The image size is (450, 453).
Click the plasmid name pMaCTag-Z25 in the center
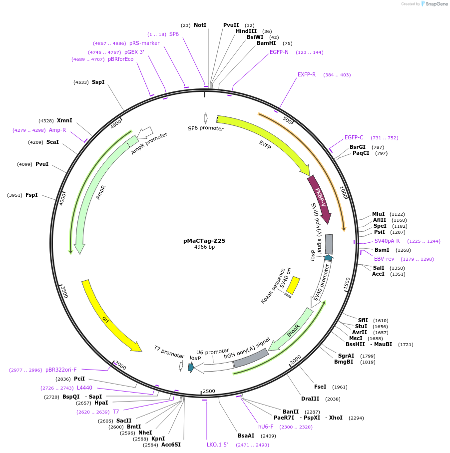(204, 240)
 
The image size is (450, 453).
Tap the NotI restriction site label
(200, 25)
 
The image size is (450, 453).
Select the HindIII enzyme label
(246, 31)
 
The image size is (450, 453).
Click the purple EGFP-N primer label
(279, 52)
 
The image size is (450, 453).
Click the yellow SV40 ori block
(293, 285)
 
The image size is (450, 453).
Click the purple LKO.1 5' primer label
(217, 445)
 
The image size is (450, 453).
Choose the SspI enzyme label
(98, 82)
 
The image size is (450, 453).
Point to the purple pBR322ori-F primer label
(61, 370)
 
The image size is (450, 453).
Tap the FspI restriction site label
(31, 195)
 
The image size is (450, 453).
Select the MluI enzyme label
(379, 214)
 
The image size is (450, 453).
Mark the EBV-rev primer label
(384, 259)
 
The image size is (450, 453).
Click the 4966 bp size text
(204, 247)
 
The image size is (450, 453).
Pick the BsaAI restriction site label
(246, 436)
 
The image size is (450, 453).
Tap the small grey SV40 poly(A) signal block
(329, 244)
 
